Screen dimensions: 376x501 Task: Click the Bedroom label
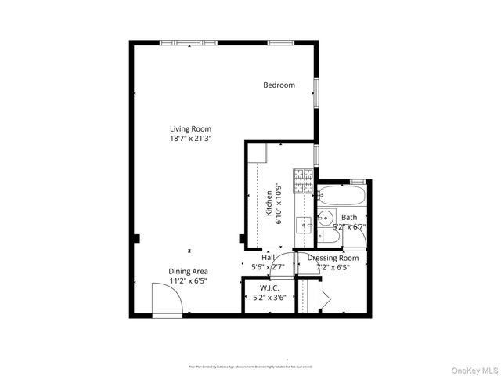pos(279,85)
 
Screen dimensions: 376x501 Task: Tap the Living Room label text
pos(191,129)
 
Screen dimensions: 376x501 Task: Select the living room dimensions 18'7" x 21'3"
pos(191,138)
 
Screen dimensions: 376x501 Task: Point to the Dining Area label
pos(189,272)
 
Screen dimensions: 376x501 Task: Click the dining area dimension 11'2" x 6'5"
pos(189,281)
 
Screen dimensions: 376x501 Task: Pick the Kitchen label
pos(269,203)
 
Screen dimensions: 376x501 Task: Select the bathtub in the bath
pos(341,196)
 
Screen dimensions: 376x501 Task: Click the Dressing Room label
pos(333,258)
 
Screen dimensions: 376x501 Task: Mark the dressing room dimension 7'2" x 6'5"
pos(333,267)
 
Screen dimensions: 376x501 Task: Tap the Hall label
pos(268,258)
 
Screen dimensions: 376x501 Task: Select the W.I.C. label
pos(258,288)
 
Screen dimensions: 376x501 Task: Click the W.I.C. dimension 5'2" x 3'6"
pos(258,298)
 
